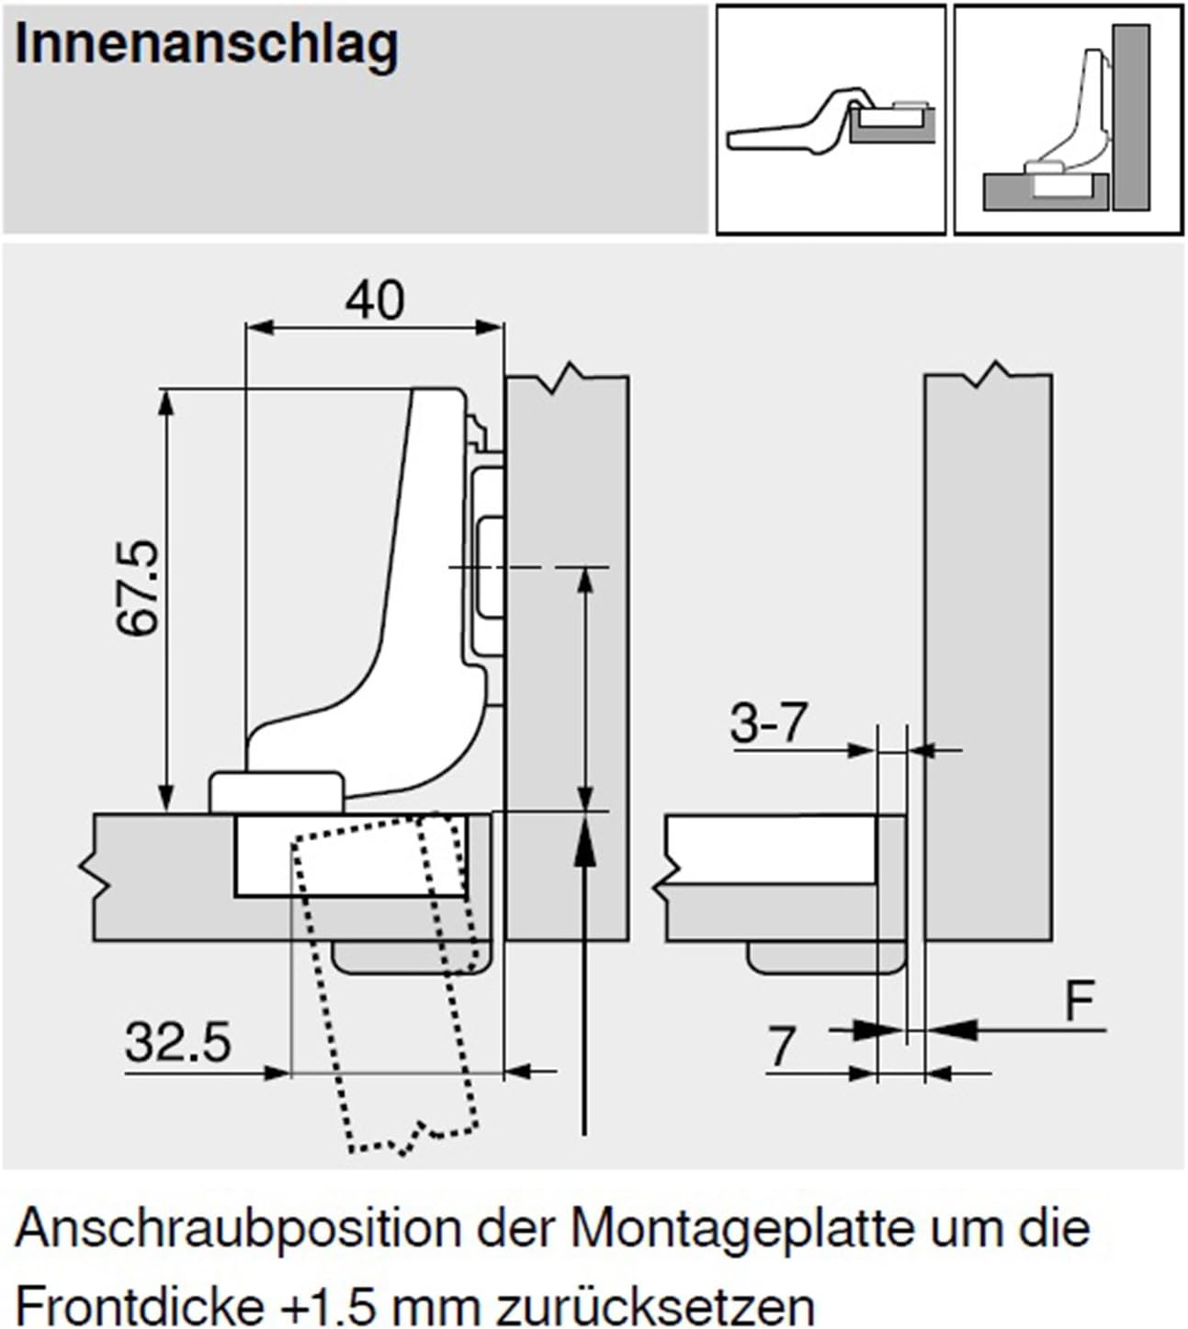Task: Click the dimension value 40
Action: point(375,301)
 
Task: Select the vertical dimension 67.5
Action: point(139,588)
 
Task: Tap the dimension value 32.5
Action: point(177,1043)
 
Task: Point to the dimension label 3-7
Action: point(767,723)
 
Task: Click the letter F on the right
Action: point(1081,1003)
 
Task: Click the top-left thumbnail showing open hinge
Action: point(830,119)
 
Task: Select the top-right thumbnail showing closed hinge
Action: point(1069,119)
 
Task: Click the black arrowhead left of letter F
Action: point(956,1030)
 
